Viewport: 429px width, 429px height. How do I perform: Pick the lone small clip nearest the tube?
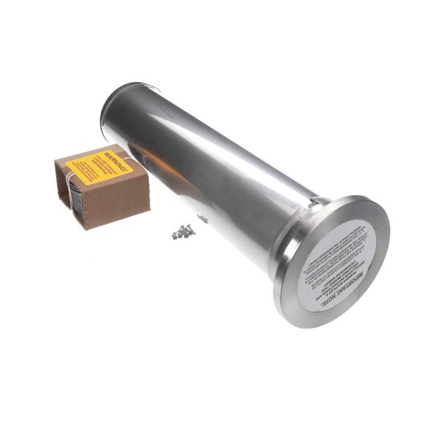[x=202, y=217]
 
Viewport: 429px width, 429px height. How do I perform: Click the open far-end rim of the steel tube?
[x=119, y=104]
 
